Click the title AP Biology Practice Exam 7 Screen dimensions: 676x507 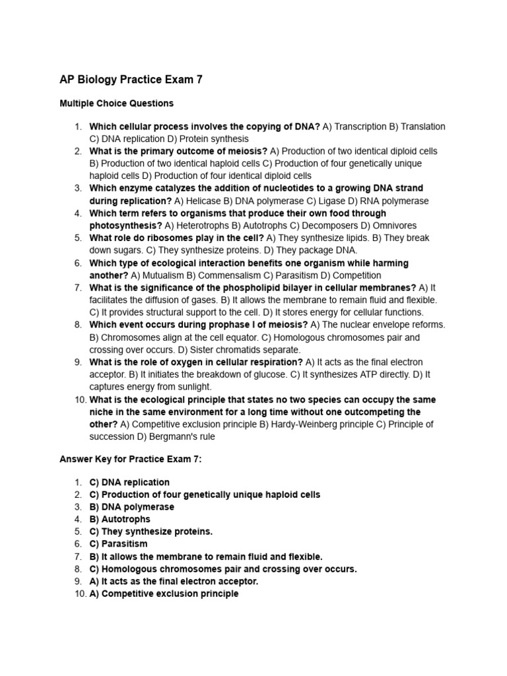click(131, 80)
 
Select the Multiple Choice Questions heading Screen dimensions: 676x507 click(116, 103)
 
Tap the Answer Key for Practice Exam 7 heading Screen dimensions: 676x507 click(130, 459)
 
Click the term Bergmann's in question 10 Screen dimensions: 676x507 click(173, 436)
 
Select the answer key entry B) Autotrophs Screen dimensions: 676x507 click(119, 519)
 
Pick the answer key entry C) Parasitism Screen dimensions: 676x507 click(118, 544)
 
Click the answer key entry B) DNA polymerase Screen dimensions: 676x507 click(131, 507)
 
